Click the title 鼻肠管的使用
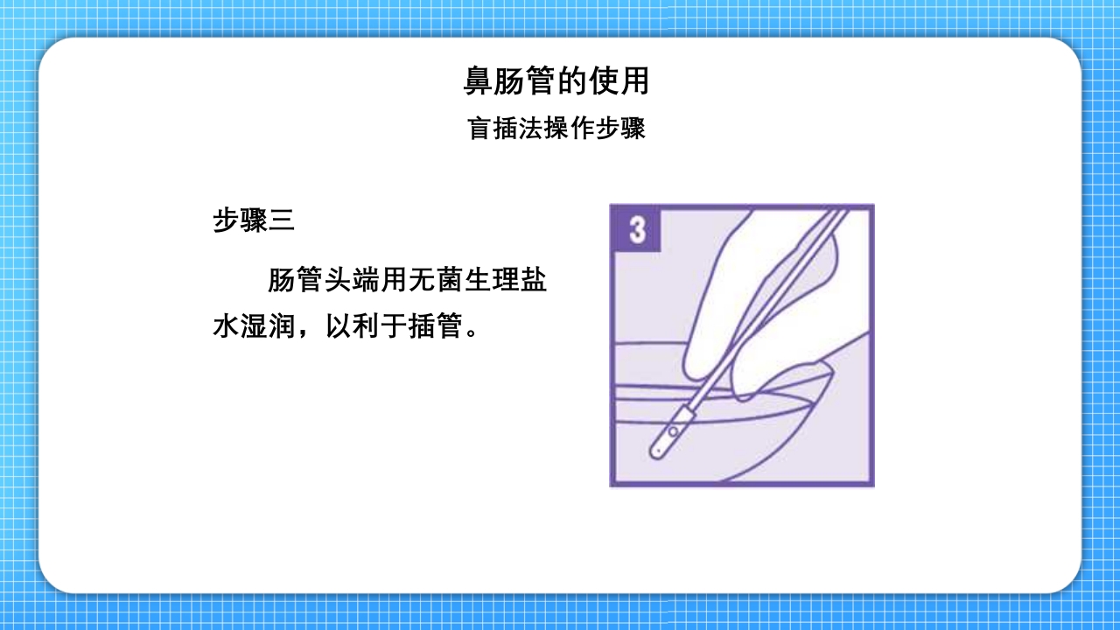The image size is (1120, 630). click(x=556, y=81)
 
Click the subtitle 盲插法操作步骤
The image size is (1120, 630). click(x=556, y=129)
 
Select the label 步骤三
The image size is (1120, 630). click(x=254, y=220)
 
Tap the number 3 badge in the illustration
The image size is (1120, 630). click(x=636, y=229)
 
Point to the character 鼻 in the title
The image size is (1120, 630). click(x=478, y=81)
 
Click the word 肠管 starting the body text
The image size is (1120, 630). click(x=296, y=282)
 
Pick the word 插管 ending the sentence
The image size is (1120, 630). click(x=436, y=328)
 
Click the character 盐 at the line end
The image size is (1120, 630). click(x=535, y=282)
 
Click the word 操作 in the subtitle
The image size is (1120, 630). click(x=556, y=129)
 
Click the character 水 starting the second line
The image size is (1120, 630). click(x=227, y=328)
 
